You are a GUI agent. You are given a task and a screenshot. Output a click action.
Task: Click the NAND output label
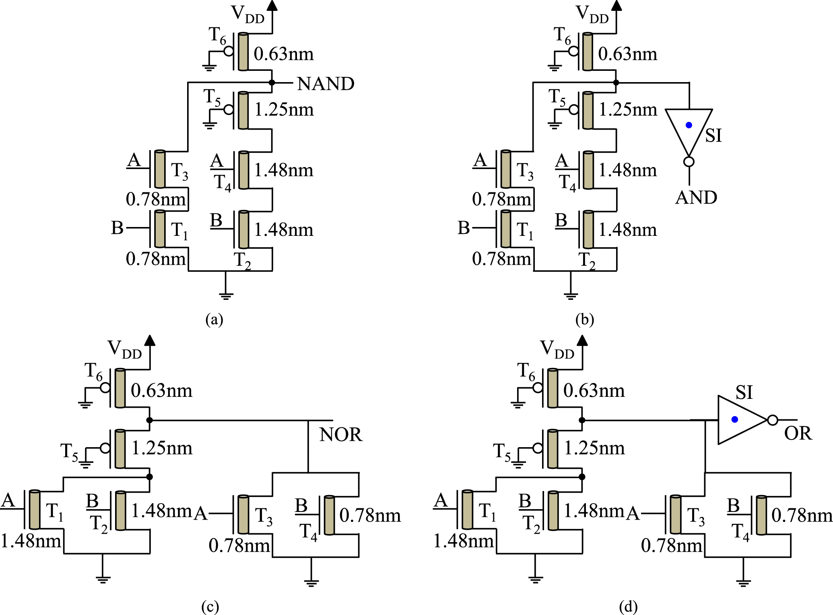(x=326, y=84)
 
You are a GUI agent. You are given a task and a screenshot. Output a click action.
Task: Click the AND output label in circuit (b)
(x=696, y=198)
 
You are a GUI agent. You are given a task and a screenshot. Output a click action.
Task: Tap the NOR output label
(x=341, y=435)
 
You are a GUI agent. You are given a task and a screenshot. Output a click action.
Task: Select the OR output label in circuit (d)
(x=798, y=433)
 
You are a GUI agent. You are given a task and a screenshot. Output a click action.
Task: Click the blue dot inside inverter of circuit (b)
(x=689, y=125)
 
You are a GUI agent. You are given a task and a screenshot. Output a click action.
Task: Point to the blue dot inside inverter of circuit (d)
(x=735, y=419)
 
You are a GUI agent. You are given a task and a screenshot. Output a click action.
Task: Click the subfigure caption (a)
(x=214, y=320)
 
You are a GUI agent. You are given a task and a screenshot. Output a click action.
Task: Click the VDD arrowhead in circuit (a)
(x=272, y=5)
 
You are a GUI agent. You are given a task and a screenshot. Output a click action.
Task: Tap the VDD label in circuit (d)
(x=557, y=349)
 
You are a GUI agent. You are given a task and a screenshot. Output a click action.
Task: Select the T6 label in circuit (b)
(x=562, y=35)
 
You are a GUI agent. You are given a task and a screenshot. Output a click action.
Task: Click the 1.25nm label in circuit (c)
(x=162, y=448)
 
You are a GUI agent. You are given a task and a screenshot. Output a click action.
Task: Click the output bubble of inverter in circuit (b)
(x=689, y=162)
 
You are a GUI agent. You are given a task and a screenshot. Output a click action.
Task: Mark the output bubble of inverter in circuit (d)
(x=772, y=420)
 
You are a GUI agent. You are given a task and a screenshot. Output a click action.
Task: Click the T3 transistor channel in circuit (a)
(x=160, y=169)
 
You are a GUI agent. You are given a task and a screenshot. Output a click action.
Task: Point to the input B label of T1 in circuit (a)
(x=117, y=228)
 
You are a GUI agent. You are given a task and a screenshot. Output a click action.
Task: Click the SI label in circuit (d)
(x=744, y=392)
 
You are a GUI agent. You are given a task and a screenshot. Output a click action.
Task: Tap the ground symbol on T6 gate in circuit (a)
(x=209, y=67)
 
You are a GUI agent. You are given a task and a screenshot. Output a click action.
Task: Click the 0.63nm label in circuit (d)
(x=594, y=391)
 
